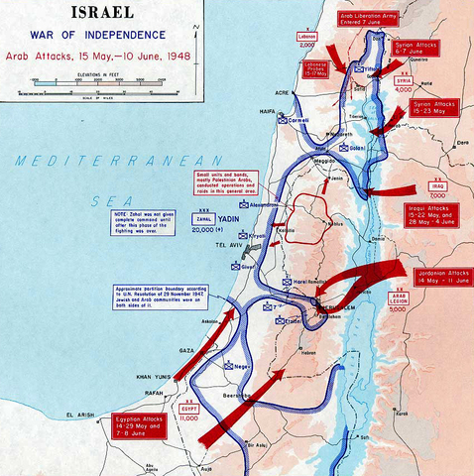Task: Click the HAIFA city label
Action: click(266, 112)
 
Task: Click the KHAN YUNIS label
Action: click(154, 378)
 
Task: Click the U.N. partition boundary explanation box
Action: click(157, 297)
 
